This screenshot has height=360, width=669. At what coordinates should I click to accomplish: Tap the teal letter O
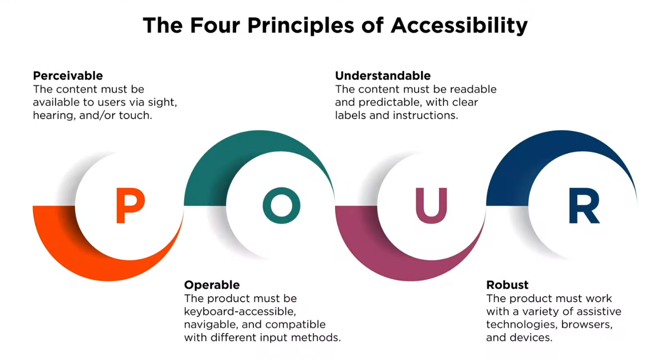(282, 205)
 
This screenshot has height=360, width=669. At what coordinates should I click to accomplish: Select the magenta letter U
(431, 205)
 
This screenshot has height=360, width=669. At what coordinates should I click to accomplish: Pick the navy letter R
(584, 205)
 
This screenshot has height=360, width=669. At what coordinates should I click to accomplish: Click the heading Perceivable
(68, 76)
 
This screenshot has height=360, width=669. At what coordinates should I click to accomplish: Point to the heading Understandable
(382, 76)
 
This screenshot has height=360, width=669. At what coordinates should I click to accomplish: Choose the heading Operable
(212, 285)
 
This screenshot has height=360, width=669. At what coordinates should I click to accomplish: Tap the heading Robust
(507, 285)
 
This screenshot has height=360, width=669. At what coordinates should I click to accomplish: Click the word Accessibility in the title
(459, 26)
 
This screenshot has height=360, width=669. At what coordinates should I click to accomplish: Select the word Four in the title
(215, 25)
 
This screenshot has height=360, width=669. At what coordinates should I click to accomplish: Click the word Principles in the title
(301, 26)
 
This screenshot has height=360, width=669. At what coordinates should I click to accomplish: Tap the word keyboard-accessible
(240, 312)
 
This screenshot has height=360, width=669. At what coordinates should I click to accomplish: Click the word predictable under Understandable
(390, 102)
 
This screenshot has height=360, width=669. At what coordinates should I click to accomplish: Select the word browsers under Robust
(587, 324)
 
